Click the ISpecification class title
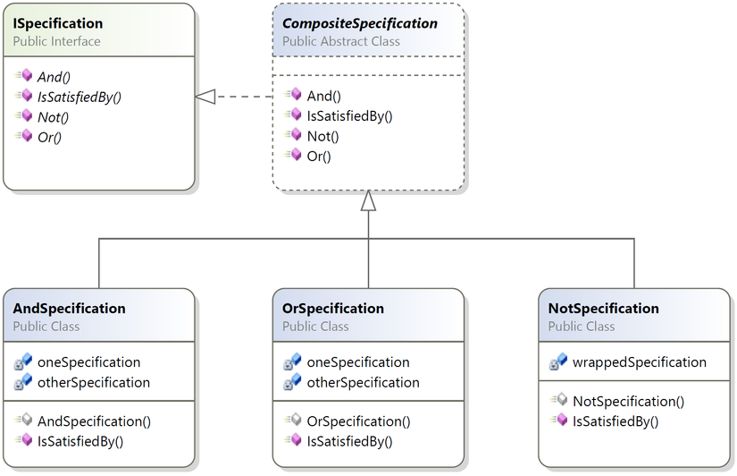coord(58,23)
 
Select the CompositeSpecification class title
coord(360,23)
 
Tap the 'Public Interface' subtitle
coord(56,41)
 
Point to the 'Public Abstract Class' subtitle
coord(340,41)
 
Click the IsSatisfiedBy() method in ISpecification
coord(79,97)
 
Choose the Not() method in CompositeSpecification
coord(322,137)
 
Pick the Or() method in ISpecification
coord(49,138)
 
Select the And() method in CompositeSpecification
coord(324,96)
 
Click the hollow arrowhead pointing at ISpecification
coord(205,97)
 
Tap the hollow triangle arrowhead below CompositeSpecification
coord(368,200)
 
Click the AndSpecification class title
coord(69,309)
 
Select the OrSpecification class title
coord(333,309)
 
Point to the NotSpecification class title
coord(604,309)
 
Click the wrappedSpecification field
coord(640,362)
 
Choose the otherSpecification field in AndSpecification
coord(94,382)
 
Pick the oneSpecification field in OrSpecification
coord(358,362)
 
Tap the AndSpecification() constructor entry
coord(94,421)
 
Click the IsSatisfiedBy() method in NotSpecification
coord(616,421)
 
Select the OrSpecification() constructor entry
coord(358,421)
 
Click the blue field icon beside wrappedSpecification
coord(558,361)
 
